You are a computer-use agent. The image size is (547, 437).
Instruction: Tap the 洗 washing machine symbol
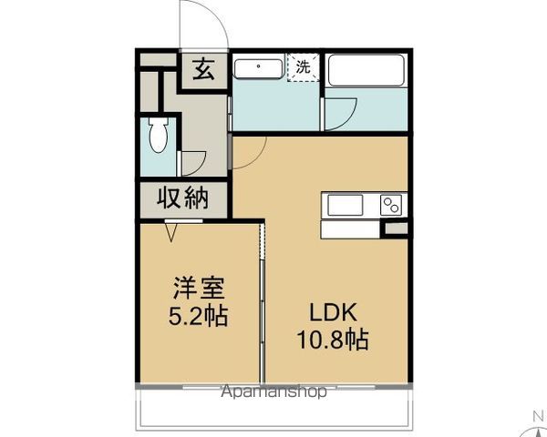[x=304, y=66]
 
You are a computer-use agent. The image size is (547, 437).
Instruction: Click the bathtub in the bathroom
[x=365, y=69]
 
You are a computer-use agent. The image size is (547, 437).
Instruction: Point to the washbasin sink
[x=260, y=67]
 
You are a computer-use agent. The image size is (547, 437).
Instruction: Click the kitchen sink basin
[x=345, y=205]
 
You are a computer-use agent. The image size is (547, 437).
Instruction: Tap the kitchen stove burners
[x=391, y=205]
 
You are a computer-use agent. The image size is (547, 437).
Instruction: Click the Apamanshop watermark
[x=273, y=393]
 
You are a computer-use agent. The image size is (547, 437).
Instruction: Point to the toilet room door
[x=193, y=162]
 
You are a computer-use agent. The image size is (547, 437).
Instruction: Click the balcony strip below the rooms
[x=273, y=412]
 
